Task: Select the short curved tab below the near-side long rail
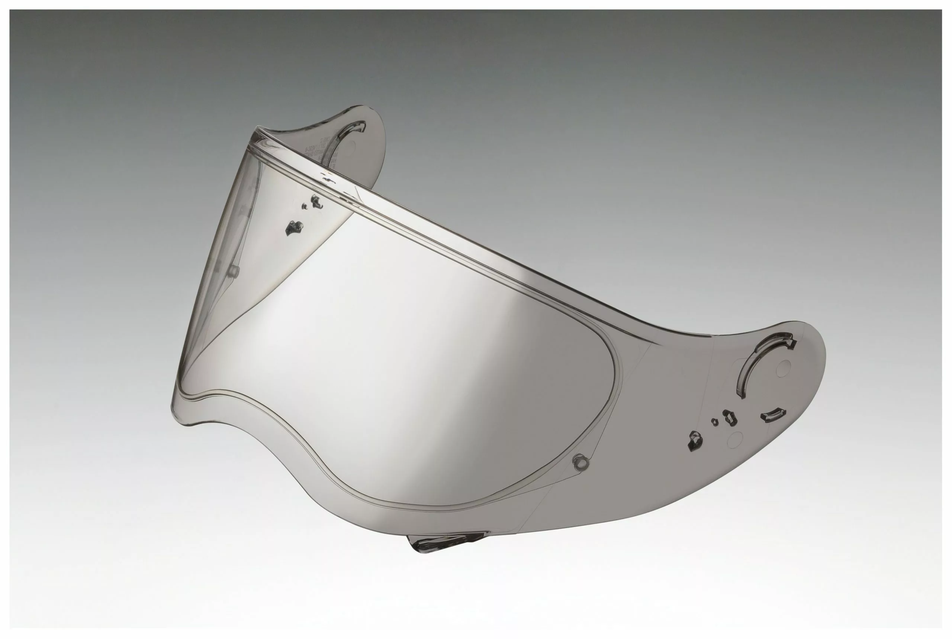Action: pyautogui.click(x=772, y=415)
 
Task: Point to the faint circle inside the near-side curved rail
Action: pyautogui.click(x=783, y=369)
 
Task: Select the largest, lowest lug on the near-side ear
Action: pyautogui.click(x=695, y=441)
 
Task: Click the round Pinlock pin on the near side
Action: pyautogui.click(x=581, y=462)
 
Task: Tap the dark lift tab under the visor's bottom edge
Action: pyautogui.click(x=441, y=542)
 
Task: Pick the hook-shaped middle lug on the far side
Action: pyautogui.click(x=316, y=201)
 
